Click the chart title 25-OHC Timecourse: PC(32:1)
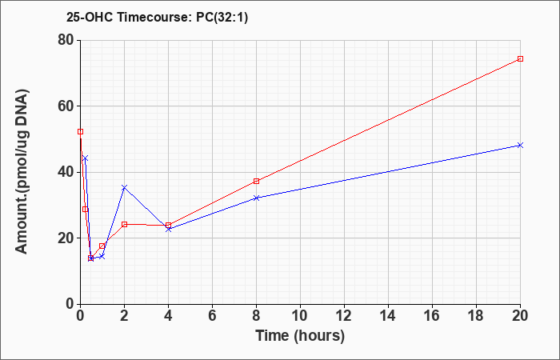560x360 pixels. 157,17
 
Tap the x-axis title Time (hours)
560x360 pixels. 300,336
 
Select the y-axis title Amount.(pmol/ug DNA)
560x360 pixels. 22,172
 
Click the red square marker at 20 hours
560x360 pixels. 520,58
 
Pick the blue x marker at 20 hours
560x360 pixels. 520,145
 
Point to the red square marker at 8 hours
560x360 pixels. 256,181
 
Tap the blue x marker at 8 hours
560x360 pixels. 256,198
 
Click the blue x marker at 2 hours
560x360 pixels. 124,187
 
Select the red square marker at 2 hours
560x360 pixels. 124,224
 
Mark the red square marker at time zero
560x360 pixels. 80,131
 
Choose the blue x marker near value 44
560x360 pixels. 85,158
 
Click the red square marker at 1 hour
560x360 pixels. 102,246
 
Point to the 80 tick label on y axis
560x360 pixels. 66,40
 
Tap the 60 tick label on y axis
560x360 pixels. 66,106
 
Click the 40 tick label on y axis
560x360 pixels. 66,172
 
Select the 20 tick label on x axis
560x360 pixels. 520,316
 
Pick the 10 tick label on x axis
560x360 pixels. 300,316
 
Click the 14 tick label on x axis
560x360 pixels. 388,316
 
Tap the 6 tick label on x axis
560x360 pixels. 212,316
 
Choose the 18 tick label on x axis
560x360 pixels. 476,316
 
